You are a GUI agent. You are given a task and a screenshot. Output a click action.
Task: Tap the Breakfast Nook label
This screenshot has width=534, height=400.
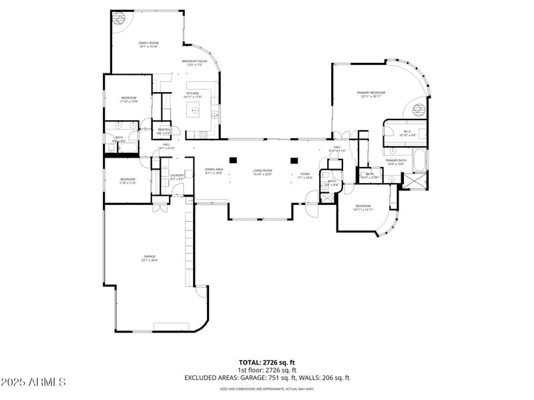194,63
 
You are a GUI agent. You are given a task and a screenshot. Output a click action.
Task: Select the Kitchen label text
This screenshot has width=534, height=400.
193,95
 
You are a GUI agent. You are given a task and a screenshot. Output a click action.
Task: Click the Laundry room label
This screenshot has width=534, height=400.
177,177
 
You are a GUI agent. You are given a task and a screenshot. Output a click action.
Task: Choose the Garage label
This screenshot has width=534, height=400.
149,258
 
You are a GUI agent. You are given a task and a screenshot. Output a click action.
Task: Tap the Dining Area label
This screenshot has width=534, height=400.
214,171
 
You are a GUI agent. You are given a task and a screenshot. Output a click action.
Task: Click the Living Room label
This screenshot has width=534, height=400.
262,172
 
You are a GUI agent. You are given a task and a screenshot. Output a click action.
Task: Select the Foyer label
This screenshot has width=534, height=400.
304,176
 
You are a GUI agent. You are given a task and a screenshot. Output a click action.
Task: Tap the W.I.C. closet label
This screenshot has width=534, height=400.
409,133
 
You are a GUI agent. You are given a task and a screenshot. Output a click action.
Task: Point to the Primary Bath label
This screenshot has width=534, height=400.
396,162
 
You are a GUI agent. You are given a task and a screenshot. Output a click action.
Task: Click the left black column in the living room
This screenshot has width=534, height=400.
232,160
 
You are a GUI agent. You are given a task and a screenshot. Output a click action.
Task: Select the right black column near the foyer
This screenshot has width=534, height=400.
294,160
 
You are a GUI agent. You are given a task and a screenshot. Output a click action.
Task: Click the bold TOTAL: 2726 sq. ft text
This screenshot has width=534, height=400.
267,362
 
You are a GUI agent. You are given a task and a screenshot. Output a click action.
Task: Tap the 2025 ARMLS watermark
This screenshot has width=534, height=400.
33,382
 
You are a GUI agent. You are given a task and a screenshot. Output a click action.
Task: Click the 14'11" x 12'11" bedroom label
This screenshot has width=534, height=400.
363,208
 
